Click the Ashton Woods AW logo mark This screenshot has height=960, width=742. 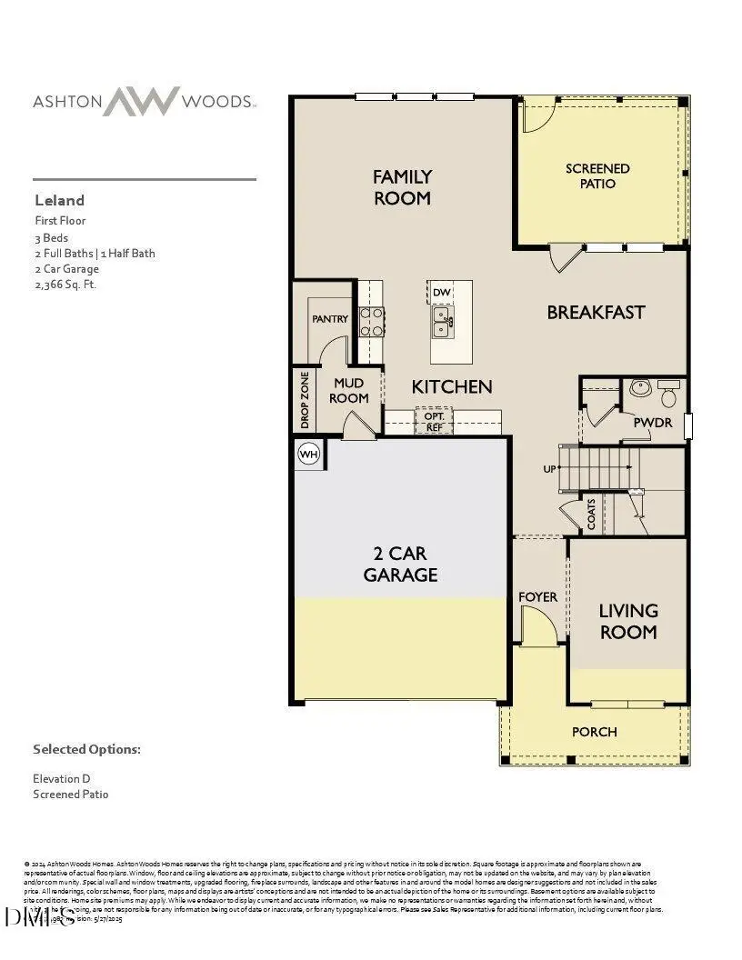coord(140,101)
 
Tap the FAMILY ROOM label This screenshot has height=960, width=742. coord(402,187)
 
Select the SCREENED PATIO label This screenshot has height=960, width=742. coord(597,175)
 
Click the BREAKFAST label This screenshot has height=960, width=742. coord(596,312)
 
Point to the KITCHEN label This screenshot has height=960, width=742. coord(452,386)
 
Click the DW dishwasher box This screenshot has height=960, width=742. coord(441,292)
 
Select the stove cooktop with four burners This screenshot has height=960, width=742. coord(372,322)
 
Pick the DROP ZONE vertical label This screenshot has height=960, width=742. coord(305,399)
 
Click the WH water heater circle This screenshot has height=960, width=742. coord(309,454)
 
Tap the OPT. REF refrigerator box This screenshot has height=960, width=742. coord(434,421)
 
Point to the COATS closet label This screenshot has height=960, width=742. coord(591,515)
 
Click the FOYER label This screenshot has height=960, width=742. coord(537,596)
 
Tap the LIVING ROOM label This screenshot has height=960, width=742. coord(628,621)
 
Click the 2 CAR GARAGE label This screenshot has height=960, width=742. coord(400,564)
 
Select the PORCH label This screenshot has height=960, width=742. coord(595,731)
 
